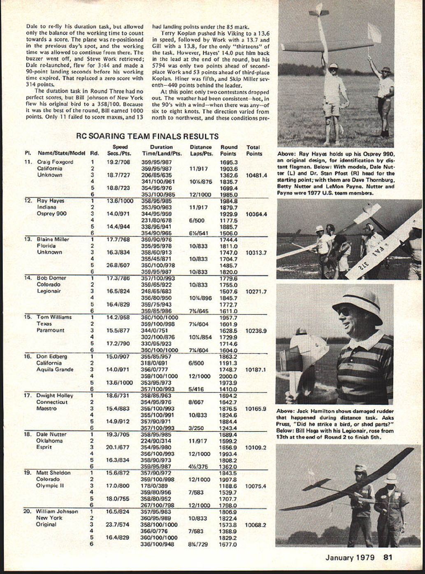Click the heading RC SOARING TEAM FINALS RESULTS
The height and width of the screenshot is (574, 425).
[x=148, y=136]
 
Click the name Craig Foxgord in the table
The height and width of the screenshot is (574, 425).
[x=55, y=162]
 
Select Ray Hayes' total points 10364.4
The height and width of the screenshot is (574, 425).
[x=256, y=214]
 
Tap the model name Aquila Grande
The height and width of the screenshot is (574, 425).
[x=55, y=370]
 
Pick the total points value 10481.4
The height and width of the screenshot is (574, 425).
[x=256, y=175]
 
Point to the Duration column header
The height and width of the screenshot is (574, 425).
[x=161, y=147]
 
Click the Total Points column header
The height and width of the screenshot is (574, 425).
[x=254, y=150]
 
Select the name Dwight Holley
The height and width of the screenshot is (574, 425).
[x=55, y=396]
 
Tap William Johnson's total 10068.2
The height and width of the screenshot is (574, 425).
[x=256, y=525]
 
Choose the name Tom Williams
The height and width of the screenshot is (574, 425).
[x=54, y=317]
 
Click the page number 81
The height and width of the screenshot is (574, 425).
[x=388, y=558]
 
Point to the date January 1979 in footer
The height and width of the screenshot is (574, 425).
[x=350, y=558]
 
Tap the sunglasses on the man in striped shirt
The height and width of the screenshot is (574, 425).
[x=345, y=311]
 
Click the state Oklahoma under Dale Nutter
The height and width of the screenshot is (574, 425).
[x=50, y=441]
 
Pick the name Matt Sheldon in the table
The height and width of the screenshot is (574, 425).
[x=53, y=473]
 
